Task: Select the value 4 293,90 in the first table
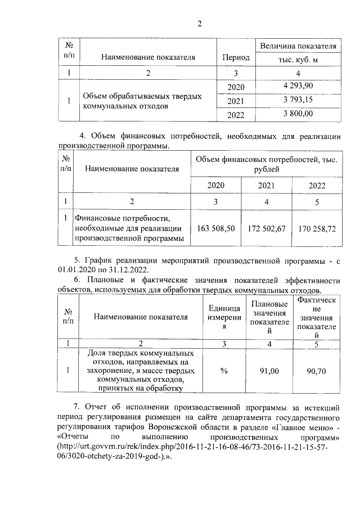[298, 85]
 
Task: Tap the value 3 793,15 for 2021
[298, 100]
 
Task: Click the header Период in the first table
[236, 57]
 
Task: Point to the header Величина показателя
[298, 46]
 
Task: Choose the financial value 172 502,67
[267, 228]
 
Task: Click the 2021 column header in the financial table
[267, 186]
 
